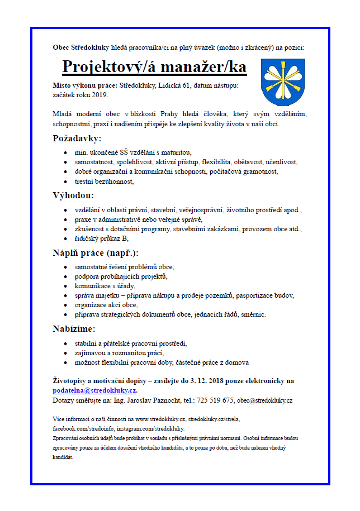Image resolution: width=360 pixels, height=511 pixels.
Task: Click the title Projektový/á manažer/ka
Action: point(154,66)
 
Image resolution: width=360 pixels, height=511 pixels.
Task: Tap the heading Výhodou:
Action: point(73,195)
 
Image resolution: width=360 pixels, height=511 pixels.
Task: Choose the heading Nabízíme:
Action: point(74,328)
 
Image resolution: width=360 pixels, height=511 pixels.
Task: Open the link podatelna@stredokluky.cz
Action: point(94,391)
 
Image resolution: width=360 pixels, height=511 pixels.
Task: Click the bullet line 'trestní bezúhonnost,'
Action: point(105,182)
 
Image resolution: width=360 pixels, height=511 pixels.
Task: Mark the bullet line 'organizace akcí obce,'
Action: point(106,305)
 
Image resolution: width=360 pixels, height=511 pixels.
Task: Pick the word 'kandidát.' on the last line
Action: point(62,456)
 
